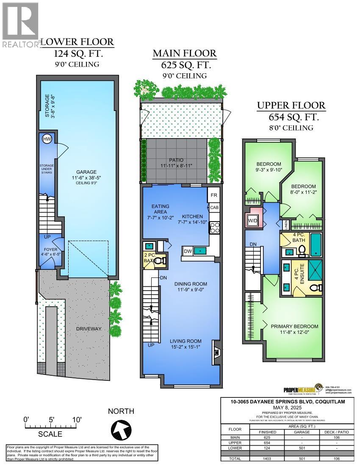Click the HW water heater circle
point(47,139)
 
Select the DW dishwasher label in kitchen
point(188,251)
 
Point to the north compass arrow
point(122,430)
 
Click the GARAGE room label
point(83,172)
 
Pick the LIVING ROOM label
point(186,341)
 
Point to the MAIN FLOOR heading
point(184,53)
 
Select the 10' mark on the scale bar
point(78,419)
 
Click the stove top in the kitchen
point(214,228)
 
